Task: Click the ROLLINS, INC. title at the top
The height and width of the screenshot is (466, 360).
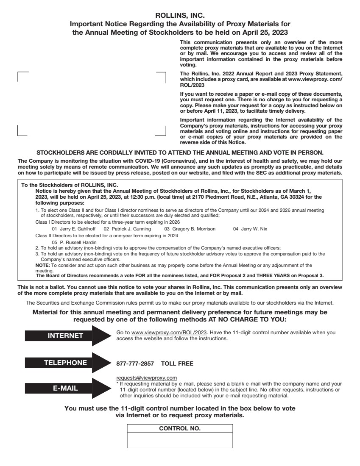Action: tap(180, 16)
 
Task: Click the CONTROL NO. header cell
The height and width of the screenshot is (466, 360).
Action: tap(180, 428)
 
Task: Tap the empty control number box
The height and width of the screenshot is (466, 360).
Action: tap(180, 440)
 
